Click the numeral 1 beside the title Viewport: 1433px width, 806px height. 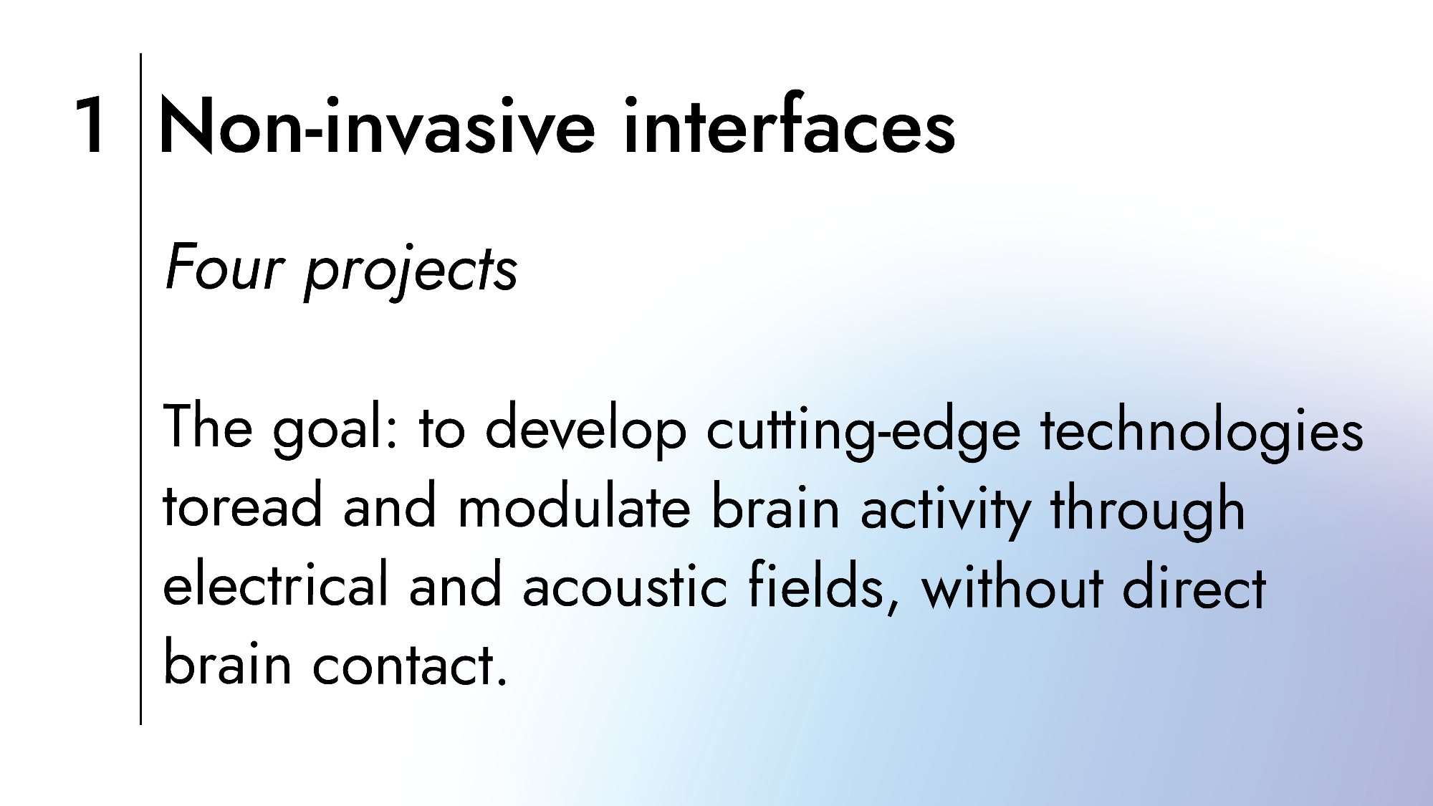pos(92,125)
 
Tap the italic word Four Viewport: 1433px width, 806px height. pos(225,267)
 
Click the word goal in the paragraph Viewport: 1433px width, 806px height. pos(335,430)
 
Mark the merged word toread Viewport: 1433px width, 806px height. pos(243,504)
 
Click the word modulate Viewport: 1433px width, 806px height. pos(574,504)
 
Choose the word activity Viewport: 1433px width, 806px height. pos(945,509)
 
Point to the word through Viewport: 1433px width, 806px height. pos(1148,509)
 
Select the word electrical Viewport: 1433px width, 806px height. pos(276,583)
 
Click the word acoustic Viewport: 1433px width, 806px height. pos(624,585)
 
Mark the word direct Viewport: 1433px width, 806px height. pos(1194,583)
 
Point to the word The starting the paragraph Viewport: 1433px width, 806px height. pos(209,426)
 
